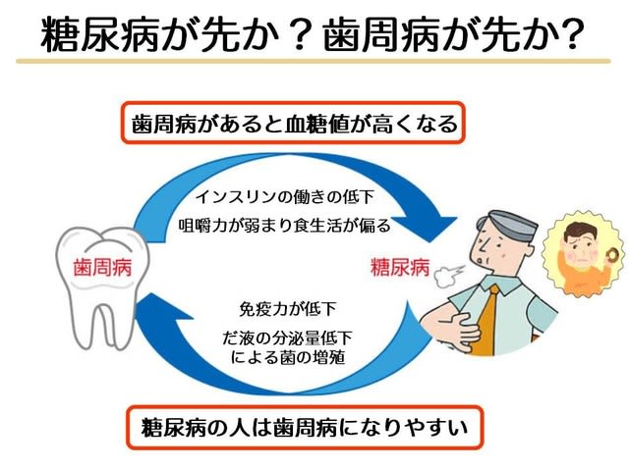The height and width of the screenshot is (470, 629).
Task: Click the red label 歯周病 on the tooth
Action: click(x=102, y=267)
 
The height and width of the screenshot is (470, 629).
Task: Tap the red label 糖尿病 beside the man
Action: click(x=400, y=267)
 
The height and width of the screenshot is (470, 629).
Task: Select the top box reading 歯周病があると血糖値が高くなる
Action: click(x=293, y=123)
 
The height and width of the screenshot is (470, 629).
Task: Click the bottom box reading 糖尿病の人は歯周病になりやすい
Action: click(x=305, y=427)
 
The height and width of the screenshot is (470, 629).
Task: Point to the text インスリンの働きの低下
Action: click(x=285, y=197)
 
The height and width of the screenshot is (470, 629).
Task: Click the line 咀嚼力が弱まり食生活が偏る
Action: click(x=284, y=226)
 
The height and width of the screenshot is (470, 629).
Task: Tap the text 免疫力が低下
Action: click(x=287, y=309)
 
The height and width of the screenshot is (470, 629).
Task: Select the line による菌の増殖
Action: click(x=287, y=357)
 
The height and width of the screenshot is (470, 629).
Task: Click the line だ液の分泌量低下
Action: click(x=287, y=339)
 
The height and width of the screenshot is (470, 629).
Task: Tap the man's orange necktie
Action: click(x=485, y=320)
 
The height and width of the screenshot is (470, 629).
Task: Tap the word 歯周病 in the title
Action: click(x=382, y=34)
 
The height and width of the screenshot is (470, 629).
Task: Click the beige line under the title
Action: click(x=313, y=61)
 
